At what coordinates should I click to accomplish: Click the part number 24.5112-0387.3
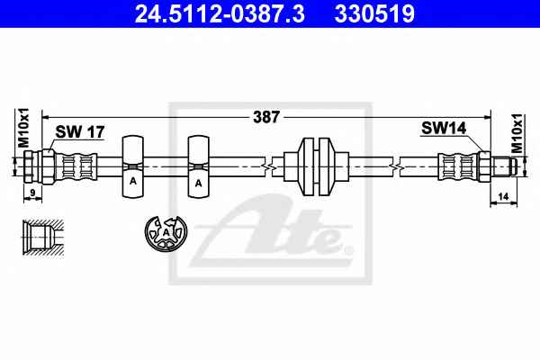point(220,13)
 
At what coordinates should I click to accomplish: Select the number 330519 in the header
point(374,13)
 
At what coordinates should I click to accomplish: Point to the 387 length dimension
point(266,117)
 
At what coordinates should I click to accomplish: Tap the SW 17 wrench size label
point(79,131)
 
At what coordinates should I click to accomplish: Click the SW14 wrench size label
point(444,128)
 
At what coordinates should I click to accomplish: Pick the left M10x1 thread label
point(23,128)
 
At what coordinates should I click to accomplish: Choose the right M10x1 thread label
point(517,133)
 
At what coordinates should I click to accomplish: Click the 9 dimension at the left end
point(32,193)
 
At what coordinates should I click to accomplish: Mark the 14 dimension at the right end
point(503,197)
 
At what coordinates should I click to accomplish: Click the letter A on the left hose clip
point(133,181)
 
